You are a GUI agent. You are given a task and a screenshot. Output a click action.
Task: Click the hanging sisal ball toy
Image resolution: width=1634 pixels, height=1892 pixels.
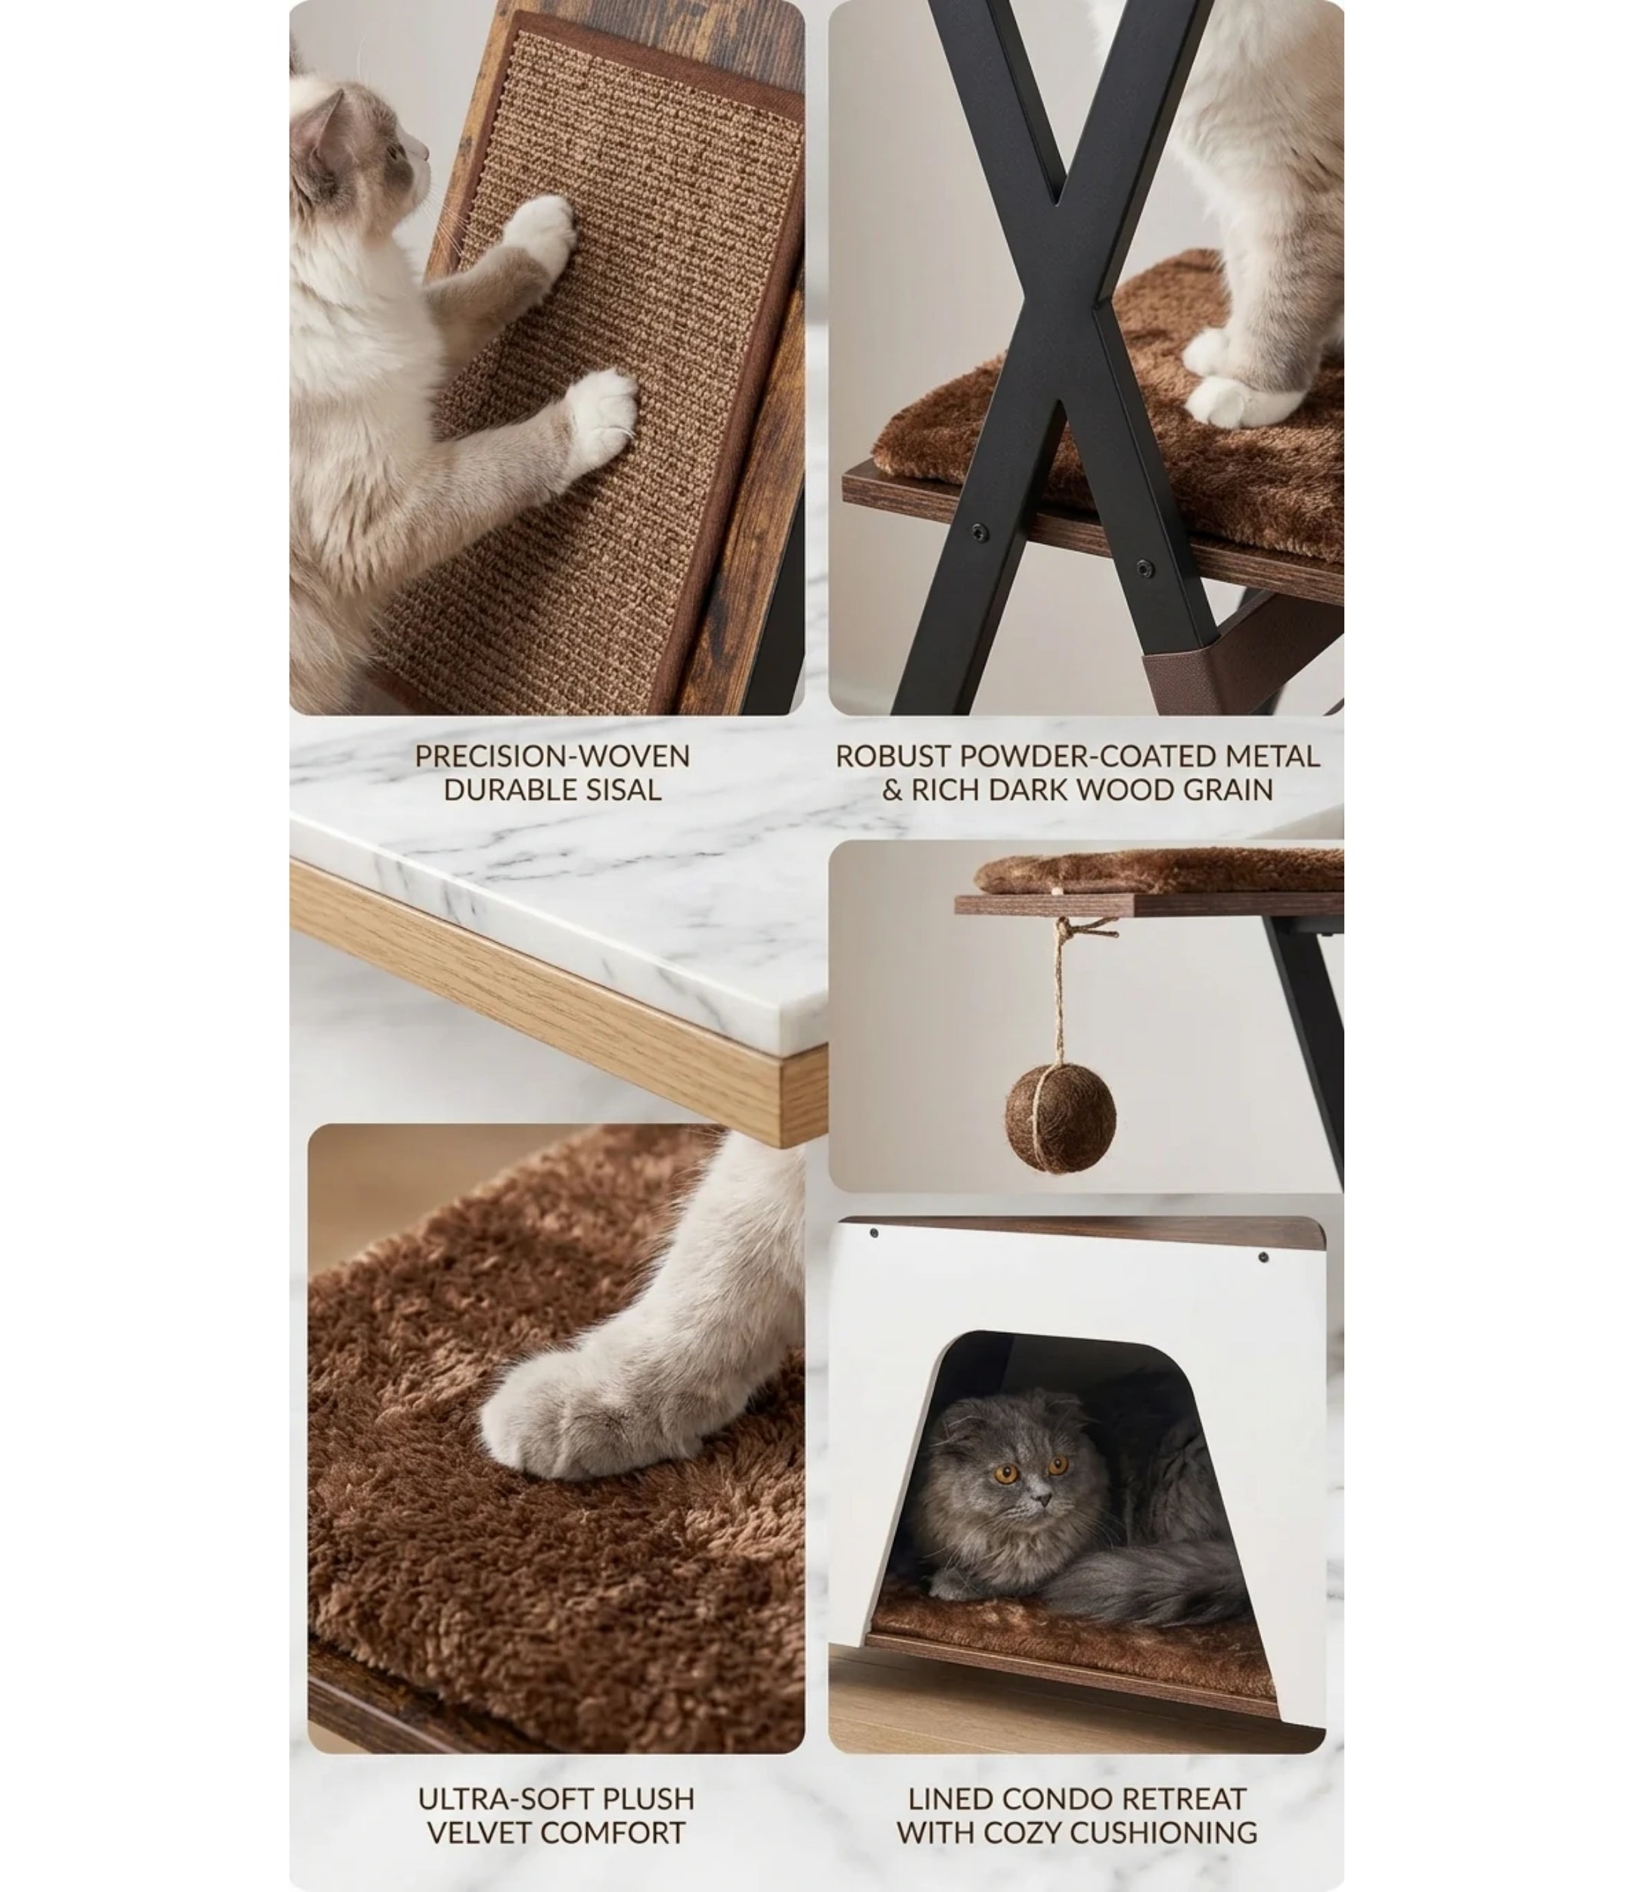(x=1061, y=1118)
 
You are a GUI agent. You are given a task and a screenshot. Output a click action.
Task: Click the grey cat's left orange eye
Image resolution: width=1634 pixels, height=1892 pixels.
(x=1008, y=1473)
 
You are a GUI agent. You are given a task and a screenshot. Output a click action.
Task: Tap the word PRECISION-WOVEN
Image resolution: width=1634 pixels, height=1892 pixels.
(x=552, y=756)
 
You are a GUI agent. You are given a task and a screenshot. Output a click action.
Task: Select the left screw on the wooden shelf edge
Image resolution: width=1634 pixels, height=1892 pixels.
(x=979, y=531)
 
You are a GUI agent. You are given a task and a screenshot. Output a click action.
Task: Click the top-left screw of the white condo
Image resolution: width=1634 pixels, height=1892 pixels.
(x=874, y=1233)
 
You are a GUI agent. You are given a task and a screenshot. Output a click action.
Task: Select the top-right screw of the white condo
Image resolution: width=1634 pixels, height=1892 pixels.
(x=1263, y=1257)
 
